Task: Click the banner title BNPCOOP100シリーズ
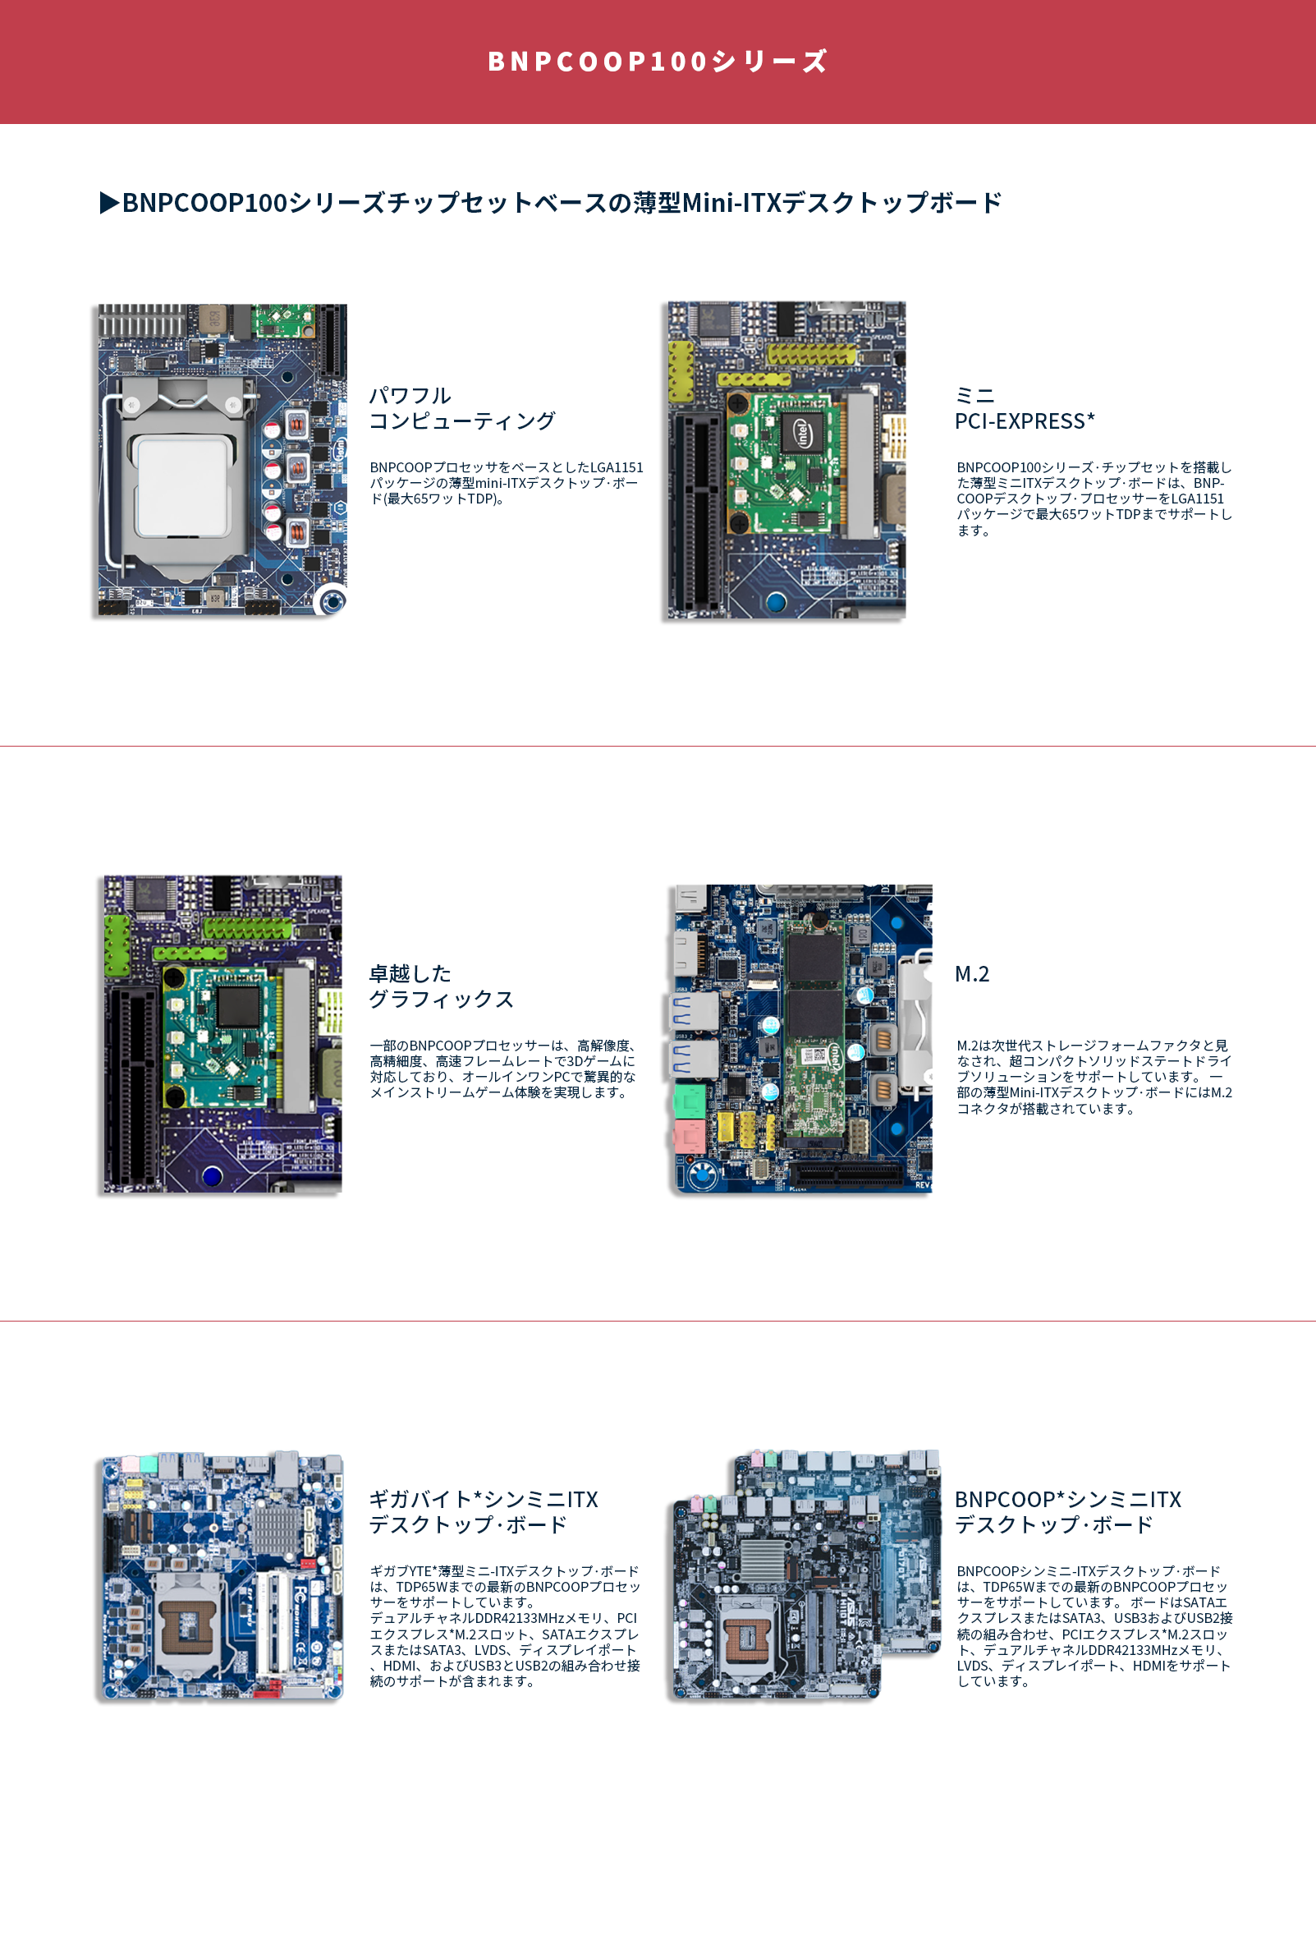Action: [658, 62]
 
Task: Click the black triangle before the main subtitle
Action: [109, 203]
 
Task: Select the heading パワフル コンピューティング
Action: [461, 408]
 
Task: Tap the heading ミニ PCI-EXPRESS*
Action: [1024, 408]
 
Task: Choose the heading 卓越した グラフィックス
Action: [441, 986]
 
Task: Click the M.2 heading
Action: [971, 974]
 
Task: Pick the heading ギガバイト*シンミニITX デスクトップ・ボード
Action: [484, 1512]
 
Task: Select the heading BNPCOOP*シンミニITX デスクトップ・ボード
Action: [1067, 1512]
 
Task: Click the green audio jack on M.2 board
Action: [690, 1100]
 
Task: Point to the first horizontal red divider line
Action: [658, 746]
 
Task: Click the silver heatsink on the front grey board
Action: [763, 1558]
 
